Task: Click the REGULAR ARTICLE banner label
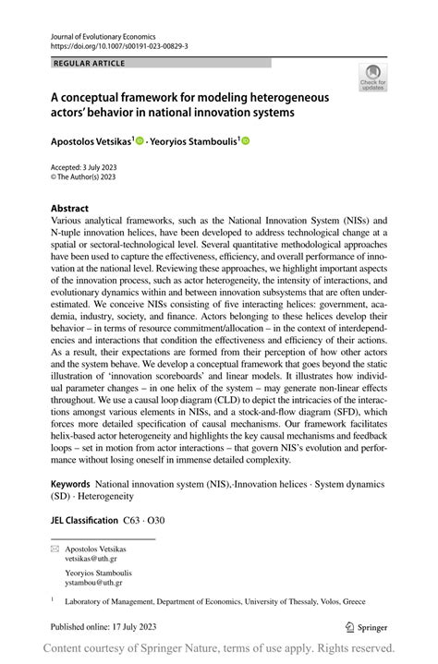(90, 63)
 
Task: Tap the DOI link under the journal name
(122, 44)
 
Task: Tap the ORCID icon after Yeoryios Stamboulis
(246, 141)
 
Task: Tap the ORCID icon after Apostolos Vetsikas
(140, 141)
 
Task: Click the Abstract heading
(70, 209)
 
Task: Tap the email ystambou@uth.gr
(94, 583)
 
